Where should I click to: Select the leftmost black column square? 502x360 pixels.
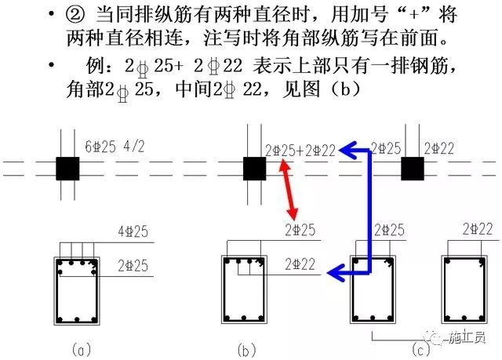point(67,169)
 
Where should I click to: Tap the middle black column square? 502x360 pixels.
point(253,169)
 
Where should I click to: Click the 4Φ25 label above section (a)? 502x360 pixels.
point(130,231)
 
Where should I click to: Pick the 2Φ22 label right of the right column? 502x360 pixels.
point(440,147)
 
